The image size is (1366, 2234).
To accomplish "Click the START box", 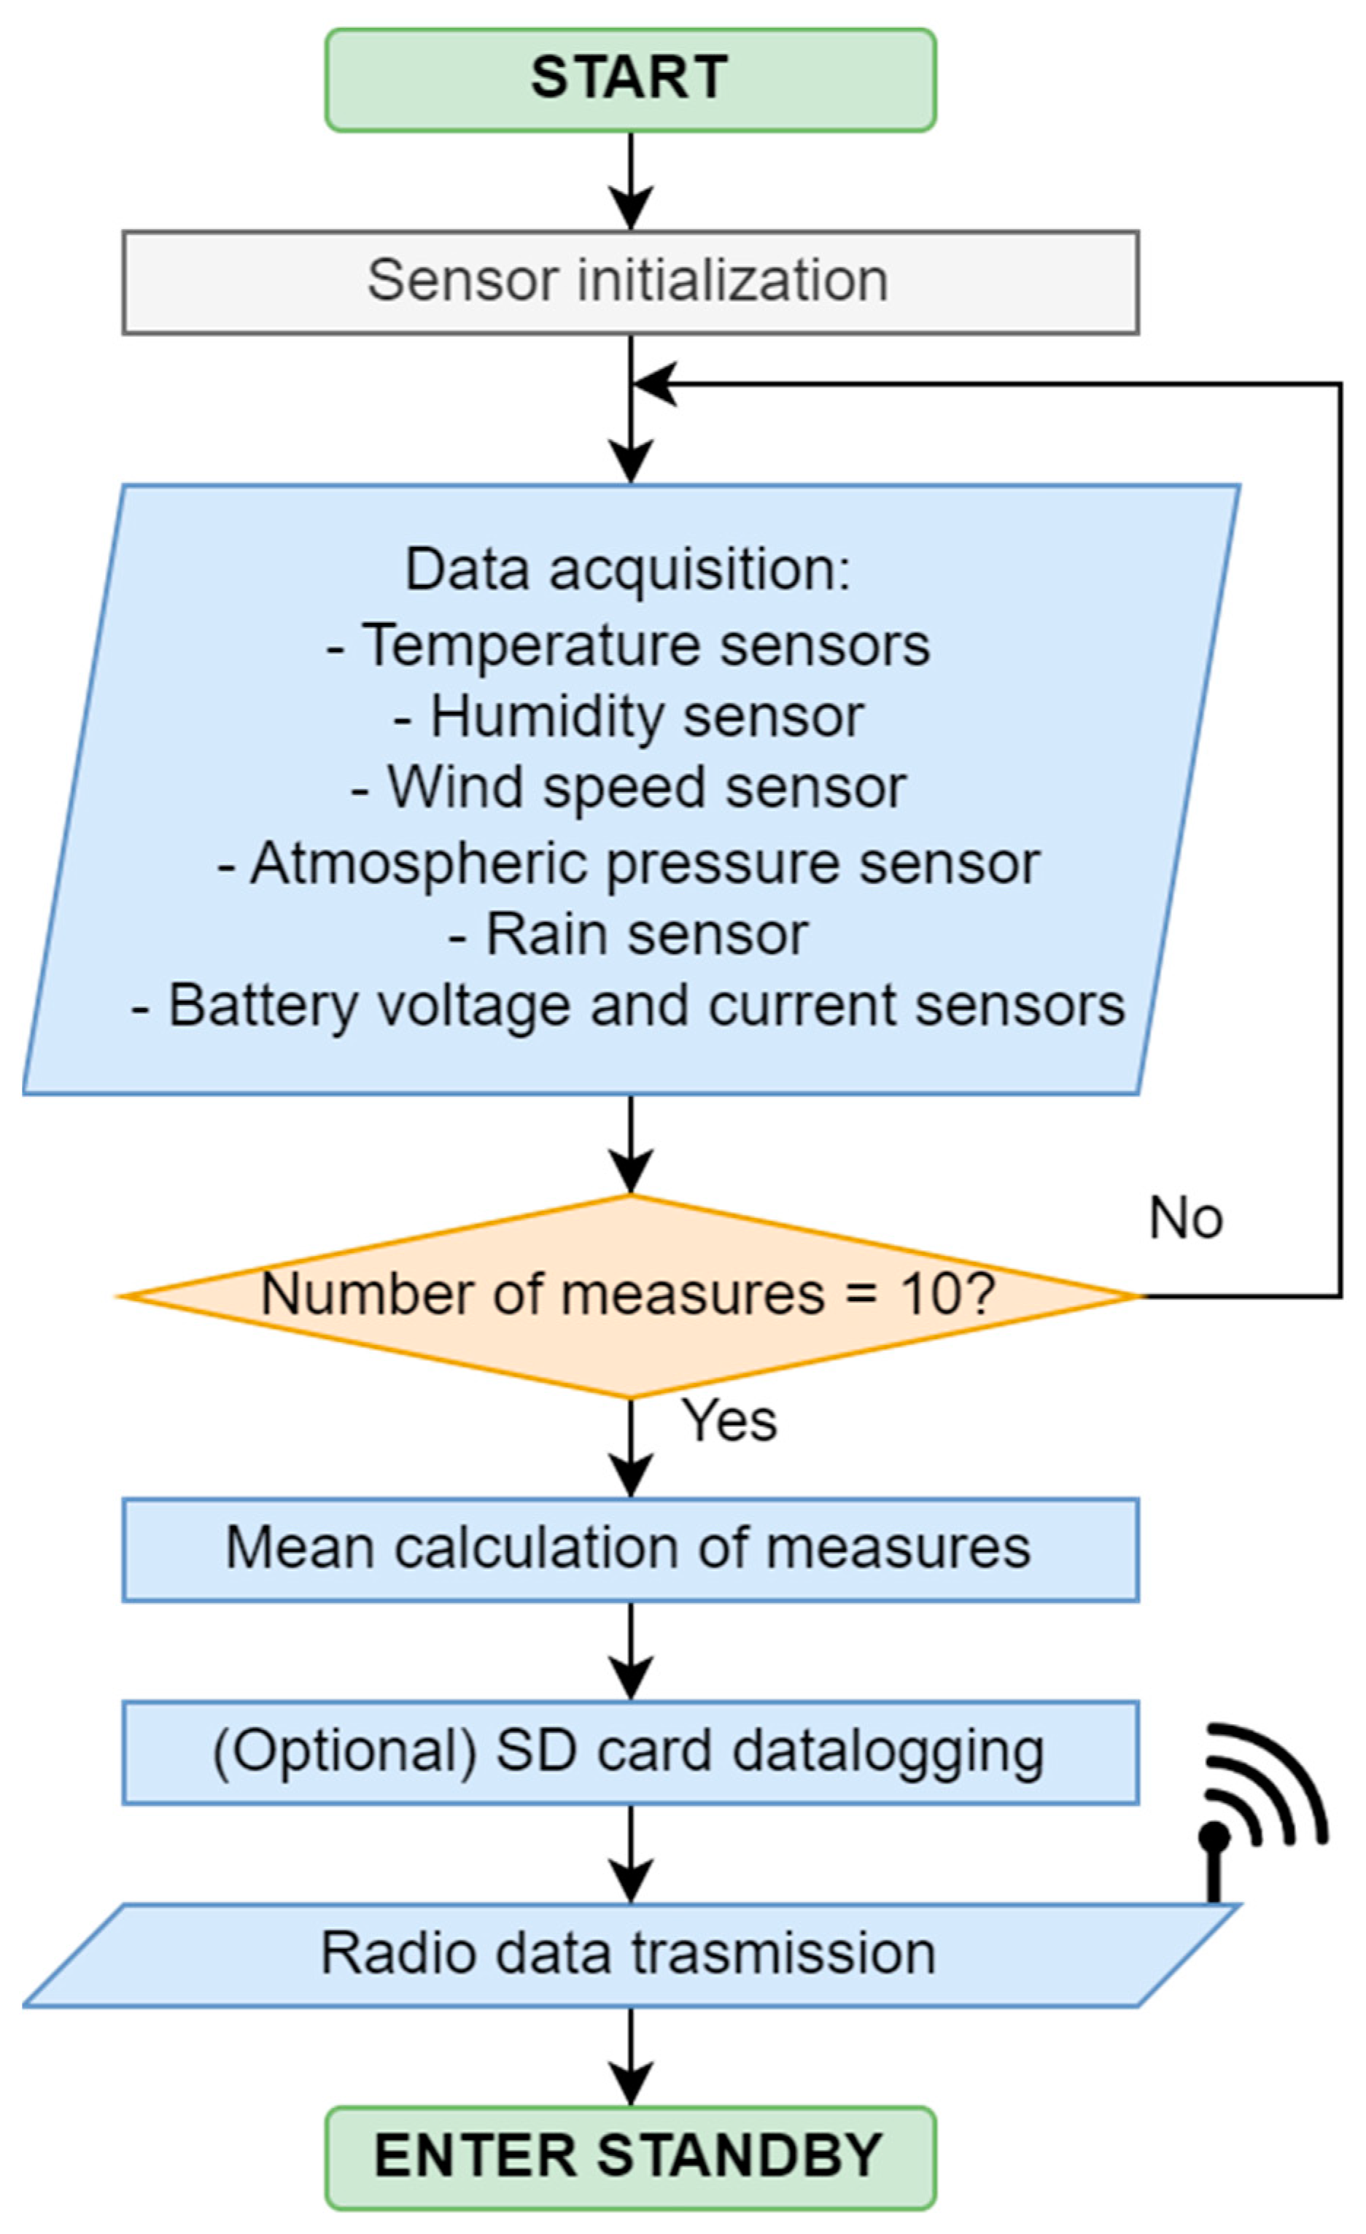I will pos(630,79).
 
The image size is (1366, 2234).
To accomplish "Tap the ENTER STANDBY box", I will pos(630,2157).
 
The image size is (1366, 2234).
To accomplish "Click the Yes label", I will pos(730,1420).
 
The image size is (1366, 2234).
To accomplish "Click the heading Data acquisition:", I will pos(628,570).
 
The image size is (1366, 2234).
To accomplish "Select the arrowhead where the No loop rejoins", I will pos(654,384).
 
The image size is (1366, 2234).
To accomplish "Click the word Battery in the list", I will pos(264,1006).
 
